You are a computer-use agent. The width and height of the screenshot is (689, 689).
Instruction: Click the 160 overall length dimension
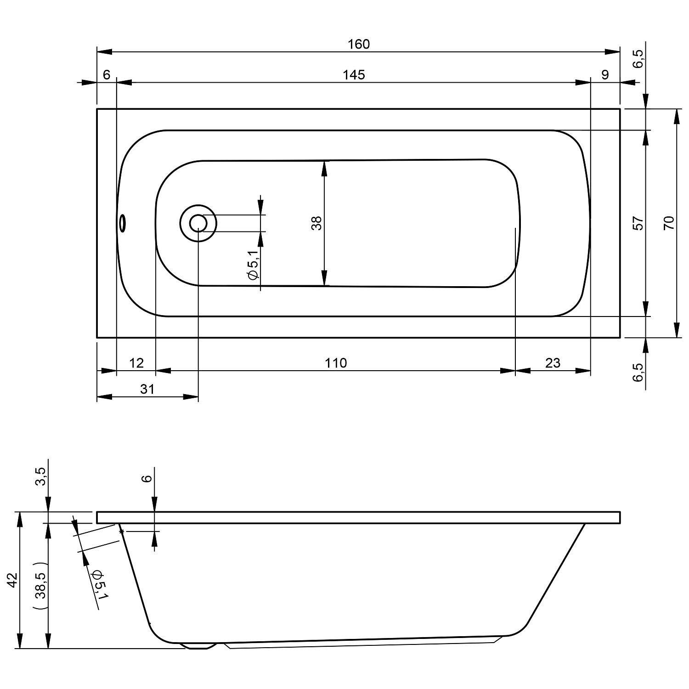[x=359, y=44]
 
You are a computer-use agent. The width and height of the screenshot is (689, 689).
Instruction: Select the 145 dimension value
[x=354, y=74]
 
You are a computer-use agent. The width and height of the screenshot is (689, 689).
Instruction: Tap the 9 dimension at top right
[x=605, y=74]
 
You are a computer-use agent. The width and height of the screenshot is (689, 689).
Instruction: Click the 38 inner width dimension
[x=317, y=223]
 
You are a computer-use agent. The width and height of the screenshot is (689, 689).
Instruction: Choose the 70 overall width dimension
[x=669, y=223]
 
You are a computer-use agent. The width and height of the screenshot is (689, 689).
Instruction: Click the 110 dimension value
[x=336, y=363]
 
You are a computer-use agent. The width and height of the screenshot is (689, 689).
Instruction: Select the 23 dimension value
[x=553, y=363]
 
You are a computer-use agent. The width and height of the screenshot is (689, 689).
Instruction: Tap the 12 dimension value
[x=136, y=363]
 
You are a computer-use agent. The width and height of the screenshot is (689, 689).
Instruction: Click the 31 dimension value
[x=147, y=389]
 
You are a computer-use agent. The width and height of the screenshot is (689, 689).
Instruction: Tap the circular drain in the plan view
[x=198, y=223]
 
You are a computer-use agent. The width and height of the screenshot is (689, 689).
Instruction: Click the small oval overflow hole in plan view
[x=122, y=223]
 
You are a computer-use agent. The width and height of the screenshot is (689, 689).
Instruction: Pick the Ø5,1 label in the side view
[x=99, y=585]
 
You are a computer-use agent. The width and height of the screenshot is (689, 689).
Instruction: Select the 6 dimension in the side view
[x=147, y=478]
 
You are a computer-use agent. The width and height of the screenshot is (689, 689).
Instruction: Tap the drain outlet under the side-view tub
[x=198, y=645]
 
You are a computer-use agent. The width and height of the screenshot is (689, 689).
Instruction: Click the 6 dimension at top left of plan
[x=107, y=74]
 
